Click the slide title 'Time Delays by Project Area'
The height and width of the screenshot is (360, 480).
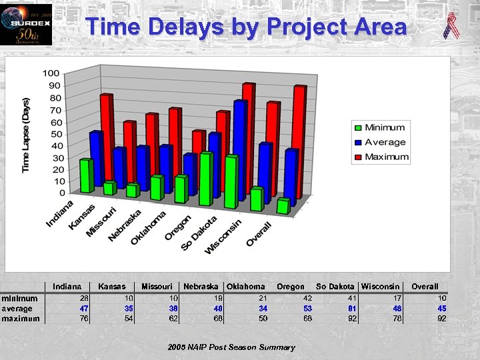246,27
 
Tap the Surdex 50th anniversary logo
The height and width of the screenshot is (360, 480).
25,24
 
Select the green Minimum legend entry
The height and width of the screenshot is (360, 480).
379,127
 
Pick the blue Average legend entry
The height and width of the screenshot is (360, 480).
379,142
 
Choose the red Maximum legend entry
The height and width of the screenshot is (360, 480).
379,157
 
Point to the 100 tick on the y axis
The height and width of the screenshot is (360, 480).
50,73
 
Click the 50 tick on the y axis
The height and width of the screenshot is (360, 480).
52,134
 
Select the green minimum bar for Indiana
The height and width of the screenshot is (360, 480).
85,176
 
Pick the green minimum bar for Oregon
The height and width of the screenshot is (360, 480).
206,179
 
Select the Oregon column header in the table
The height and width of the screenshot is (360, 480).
291,287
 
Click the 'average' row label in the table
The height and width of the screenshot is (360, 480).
17,309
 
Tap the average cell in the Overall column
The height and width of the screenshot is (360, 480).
441,309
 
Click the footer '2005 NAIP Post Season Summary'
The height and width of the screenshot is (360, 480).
231,347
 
